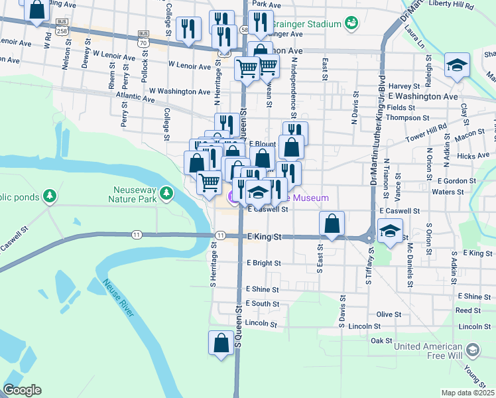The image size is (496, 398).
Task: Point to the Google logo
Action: click(22, 389)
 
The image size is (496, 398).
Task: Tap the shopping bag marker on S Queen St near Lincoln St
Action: click(221, 343)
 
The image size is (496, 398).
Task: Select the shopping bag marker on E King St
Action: click(332, 224)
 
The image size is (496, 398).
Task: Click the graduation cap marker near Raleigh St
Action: click(456, 66)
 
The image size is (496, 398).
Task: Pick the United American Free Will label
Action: click(428, 351)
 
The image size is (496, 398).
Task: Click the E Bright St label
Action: click(263, 263)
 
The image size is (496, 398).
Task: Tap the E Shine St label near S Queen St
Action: click(263, 289)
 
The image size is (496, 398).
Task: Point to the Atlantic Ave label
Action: click(135, 99)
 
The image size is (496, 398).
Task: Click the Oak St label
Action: click(382, 340)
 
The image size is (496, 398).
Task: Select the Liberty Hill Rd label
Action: click(452, 5)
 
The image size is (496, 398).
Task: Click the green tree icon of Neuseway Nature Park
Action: click(166, 193)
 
